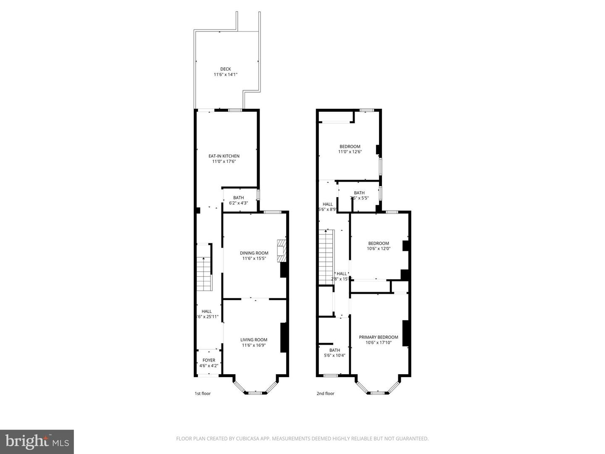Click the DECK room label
[226, 69]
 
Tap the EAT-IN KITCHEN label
[224, 156]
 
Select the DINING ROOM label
[254, 253]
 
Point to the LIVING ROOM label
[254, 340]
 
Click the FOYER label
[209, 360]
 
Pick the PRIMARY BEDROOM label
[378, 337]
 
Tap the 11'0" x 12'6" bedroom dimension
[350, 152]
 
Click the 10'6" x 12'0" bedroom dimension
[379, 248]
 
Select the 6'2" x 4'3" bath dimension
[239, 203]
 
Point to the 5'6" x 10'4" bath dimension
[335, 355]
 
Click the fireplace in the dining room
[281, 251]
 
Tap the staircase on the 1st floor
[204, 267]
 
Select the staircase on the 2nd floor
[326, 256]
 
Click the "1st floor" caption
[203, 393]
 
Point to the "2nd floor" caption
[325, 393]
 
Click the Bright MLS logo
[37, 441]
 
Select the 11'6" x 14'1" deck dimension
[226, 75]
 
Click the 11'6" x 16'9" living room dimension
[254, 346]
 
